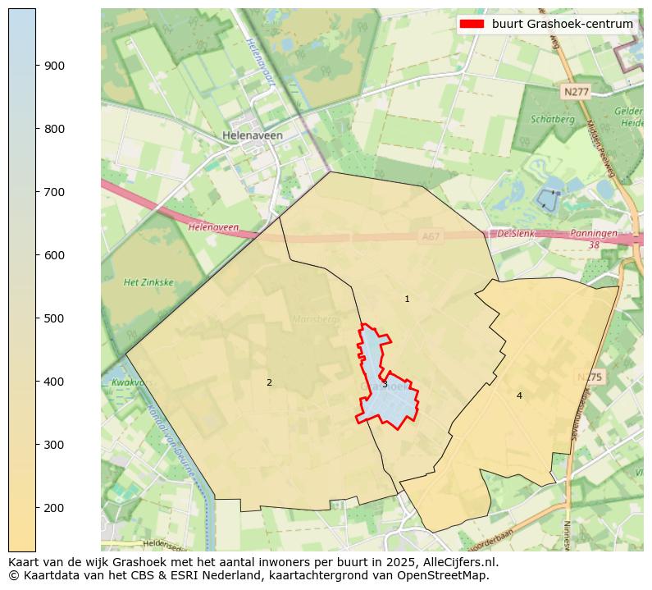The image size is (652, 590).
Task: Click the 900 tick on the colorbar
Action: tap(36, 66)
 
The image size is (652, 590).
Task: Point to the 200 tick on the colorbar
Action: tap(36, 508)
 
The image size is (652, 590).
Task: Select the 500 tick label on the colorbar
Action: tap(55, 318)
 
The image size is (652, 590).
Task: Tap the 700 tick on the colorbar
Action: tap(36, 192)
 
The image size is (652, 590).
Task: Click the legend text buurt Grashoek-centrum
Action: tap(562, 24)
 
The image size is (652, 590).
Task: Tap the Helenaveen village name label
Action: tap(253, 135)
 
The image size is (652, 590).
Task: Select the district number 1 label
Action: tap(407, 300)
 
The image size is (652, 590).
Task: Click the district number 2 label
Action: tap(269, 382)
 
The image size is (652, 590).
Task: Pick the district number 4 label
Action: tap(519, 396)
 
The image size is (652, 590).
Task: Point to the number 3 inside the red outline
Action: tap(385, 385)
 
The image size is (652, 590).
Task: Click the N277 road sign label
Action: tap(576, 92)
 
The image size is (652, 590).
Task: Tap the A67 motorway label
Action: tap(431, 236)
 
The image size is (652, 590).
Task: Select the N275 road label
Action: tap(589, 377)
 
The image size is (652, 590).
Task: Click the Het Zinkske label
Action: tap(148, 282)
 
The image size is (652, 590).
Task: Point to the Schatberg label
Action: tap(553, 119)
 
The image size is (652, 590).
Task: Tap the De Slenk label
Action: tap(517, 233)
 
